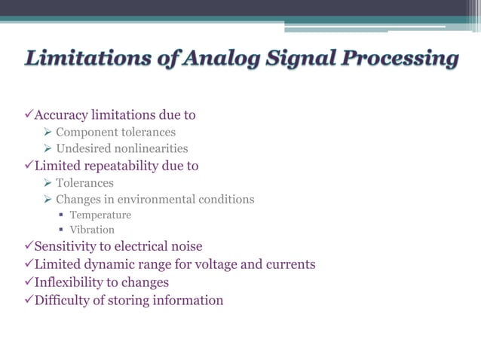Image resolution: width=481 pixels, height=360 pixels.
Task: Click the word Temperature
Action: pyautogui.click(x=100, y=215)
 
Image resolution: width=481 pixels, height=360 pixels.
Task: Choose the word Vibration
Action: pyautogui.click(x=92, y=230)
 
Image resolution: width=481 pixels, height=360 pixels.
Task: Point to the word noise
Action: pyautogui.click(x=185, y=246)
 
